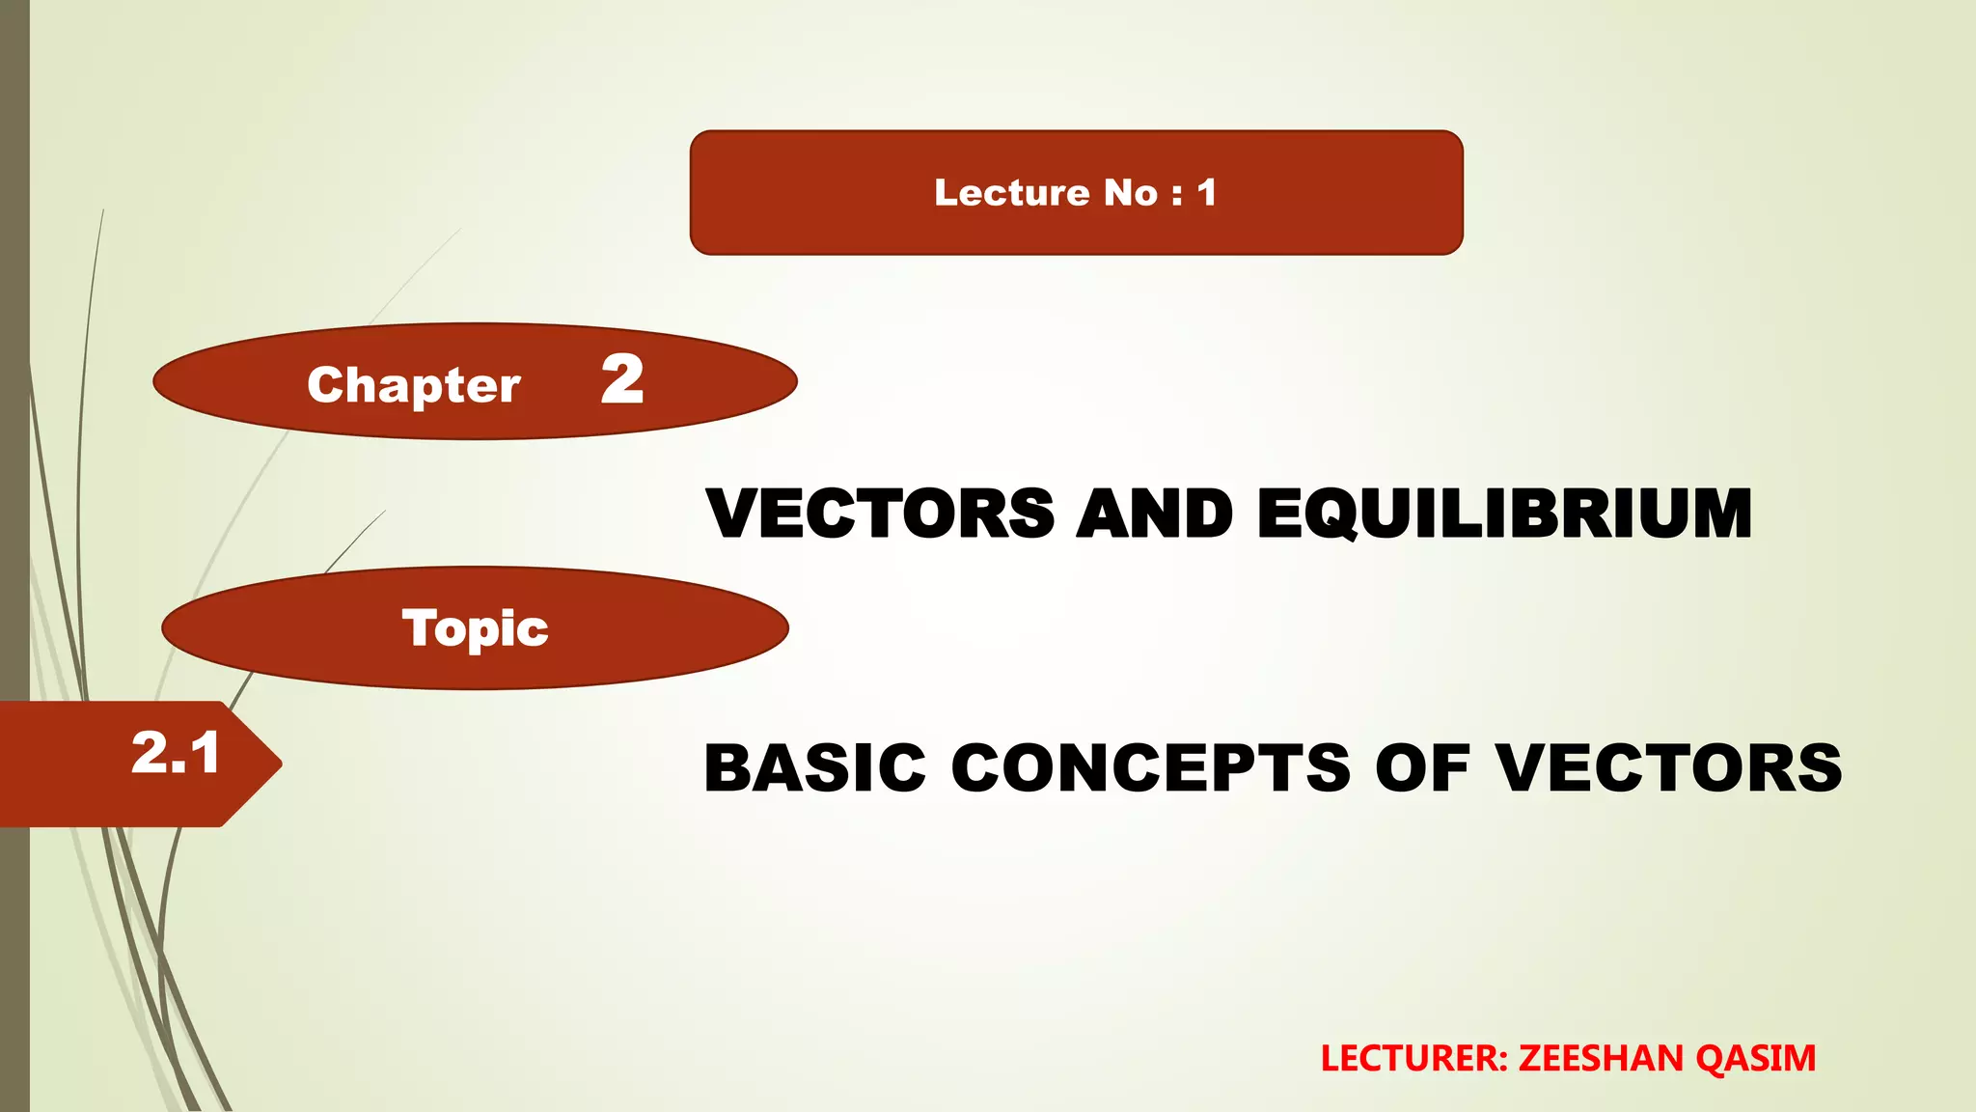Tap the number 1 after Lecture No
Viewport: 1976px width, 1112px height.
point(1206,193)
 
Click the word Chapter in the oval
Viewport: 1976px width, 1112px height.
point(414,385)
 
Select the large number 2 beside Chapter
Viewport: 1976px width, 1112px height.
point(622,379)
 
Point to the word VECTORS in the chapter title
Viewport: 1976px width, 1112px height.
point(880,513)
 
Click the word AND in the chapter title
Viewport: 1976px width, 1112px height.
point(1154,513)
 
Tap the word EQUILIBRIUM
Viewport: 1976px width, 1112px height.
point(1504,513)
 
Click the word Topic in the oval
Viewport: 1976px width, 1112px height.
point(475,629)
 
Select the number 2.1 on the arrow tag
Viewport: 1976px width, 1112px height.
point(176,754)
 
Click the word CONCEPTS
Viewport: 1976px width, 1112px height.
point(1150,768)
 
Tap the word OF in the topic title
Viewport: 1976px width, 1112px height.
point(1422,768)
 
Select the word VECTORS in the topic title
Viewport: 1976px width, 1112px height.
point(1669,768)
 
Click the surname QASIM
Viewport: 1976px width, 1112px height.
point(1756,1059)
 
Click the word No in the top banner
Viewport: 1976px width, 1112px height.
point(1131,193)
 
